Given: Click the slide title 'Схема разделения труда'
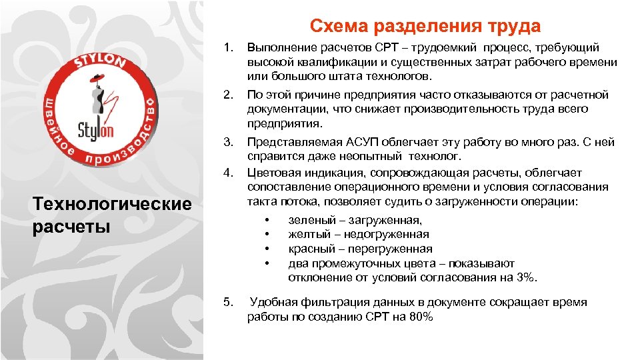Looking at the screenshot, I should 425,26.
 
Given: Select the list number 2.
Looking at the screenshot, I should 228,95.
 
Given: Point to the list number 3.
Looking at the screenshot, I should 228,142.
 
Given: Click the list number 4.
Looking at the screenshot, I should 228,173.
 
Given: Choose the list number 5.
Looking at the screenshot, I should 228,303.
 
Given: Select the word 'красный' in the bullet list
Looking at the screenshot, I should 309,249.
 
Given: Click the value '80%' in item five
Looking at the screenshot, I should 421,317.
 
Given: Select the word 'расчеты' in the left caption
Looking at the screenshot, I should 71,226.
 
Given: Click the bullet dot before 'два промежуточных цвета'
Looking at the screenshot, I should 267,264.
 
